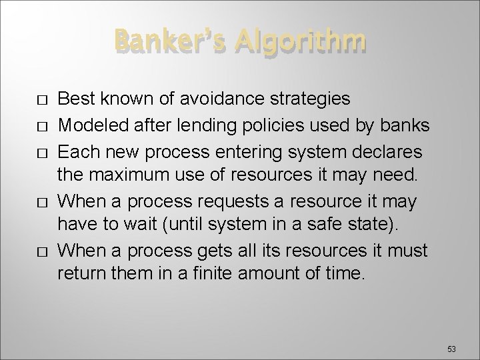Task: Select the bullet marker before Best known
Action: click(43, 101)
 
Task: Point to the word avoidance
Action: click(217, 99)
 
